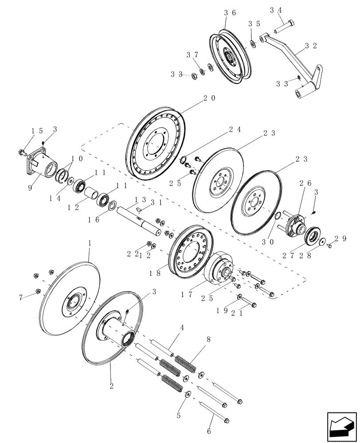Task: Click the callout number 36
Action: coord(230,13)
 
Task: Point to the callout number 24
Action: coord(235,130)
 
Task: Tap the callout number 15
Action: coord(37,131)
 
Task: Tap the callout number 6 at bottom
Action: coord(208,431)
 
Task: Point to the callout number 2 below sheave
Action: coord(111,386)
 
